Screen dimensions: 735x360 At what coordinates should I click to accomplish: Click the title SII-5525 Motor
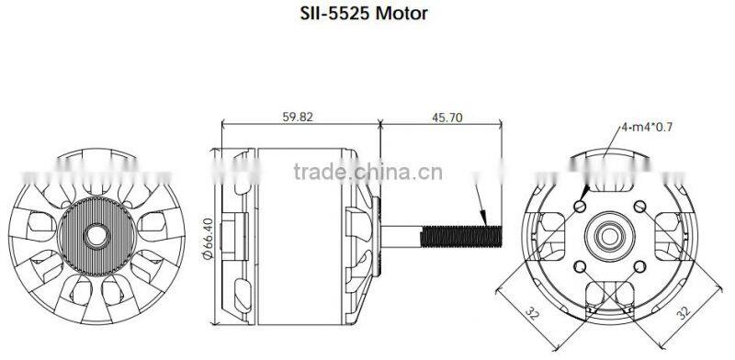(x=364, y=13)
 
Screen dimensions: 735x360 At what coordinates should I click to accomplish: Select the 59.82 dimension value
(x=297, y=117)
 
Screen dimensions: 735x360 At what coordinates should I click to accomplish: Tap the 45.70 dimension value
(x=447, y=118)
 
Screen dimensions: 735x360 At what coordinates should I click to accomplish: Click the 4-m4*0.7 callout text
(x=647, y=127)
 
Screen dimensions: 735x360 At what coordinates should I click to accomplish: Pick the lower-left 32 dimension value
(x=532, y=312)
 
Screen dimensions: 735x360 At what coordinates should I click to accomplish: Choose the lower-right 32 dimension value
(x=684, y=312)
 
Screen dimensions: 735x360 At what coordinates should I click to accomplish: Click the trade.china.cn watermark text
(x=368, y=172)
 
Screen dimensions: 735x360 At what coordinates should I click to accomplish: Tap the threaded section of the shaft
(x=461, y=236)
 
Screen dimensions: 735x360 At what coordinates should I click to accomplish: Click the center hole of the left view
(x=97, y=236)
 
